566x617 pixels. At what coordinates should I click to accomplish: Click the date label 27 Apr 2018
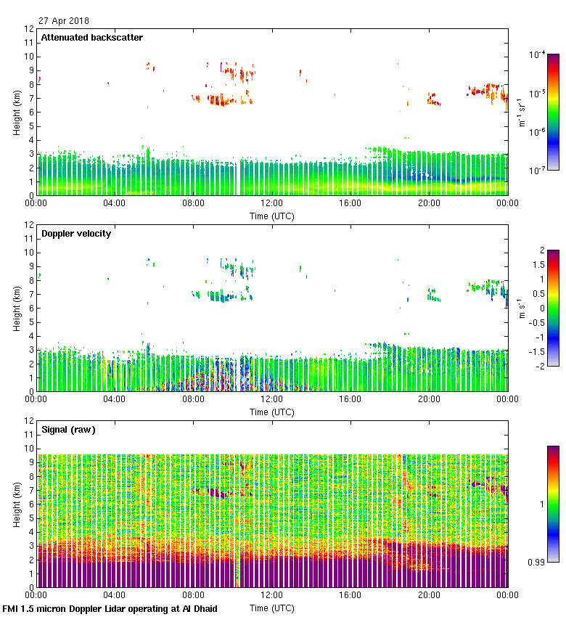[x=63, y=20]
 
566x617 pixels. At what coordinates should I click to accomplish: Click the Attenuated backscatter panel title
[x=91, y=38]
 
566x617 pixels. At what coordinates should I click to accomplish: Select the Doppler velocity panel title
[x=75, y=234]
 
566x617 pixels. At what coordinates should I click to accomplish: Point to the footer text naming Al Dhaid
[x=110, y=609]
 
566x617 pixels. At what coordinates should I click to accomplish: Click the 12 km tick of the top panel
[x=30, y=29]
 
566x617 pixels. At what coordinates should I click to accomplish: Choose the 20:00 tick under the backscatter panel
[x=429, y=204]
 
